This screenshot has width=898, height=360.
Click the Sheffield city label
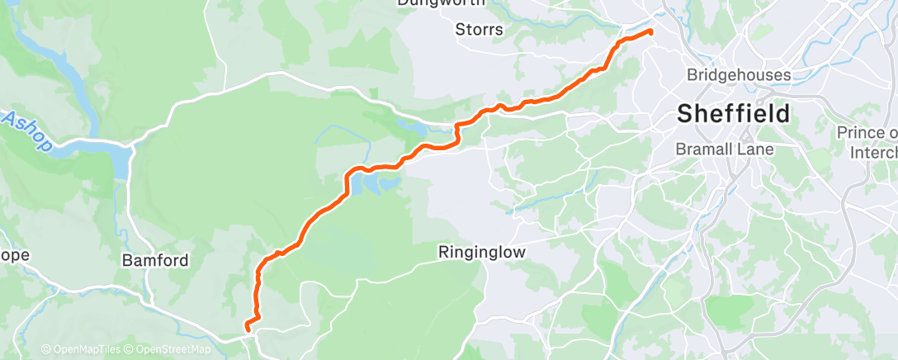click(733, 114)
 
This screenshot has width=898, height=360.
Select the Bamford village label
click(155, 261)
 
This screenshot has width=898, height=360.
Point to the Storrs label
click(479, 31)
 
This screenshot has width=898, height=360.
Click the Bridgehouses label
click(739, 76)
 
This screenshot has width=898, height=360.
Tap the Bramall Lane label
click(725, 149)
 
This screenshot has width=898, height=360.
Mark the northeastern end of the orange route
click(650, 32)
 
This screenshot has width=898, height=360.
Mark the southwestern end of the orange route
click(247, 330)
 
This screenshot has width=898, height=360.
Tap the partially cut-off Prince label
click(867, 133)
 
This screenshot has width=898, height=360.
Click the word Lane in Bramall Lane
click(757, 149)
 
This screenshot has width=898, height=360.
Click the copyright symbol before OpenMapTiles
click(45, 350)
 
